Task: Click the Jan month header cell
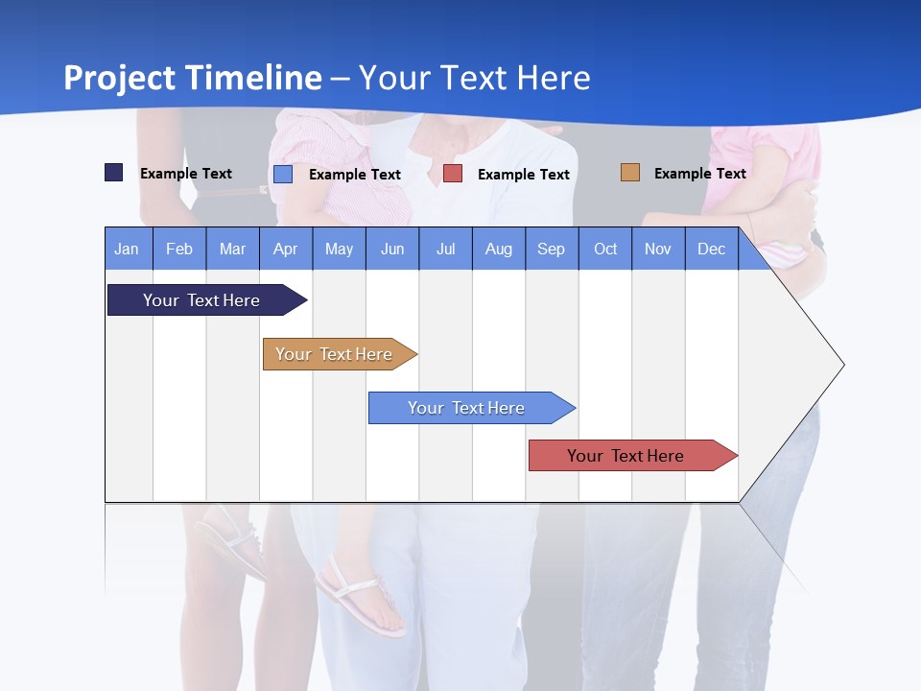[x=128, y=249]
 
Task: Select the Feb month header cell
[x=179, y=249]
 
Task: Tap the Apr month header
[x=286, y=249]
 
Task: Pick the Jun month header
[x=392, y=249]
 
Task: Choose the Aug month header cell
[x=499, y=249]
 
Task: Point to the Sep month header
[x=552, y=249]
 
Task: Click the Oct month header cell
[x=605, y=249]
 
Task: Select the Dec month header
[x=712, y=249]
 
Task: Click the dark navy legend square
[x=114, y=173]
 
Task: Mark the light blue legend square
[x=283, y=174]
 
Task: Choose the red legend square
[x=453, y=174]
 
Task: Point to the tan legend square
[x=629, y=173]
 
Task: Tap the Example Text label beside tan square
[x=699, y=173]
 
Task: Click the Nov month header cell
[x=658, y=249]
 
